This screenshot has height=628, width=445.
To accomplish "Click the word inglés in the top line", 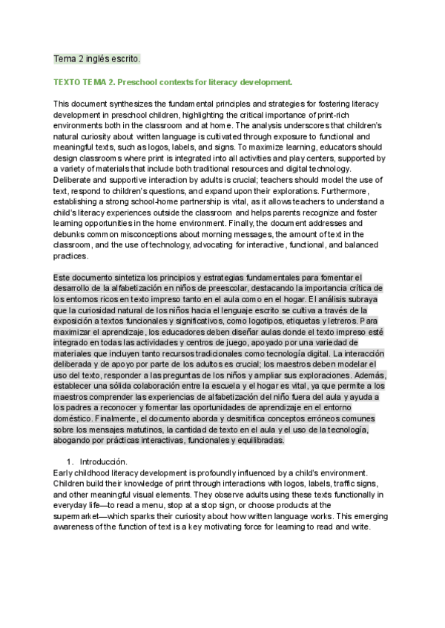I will (96, 58).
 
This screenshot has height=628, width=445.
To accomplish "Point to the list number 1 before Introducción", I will (70, 461).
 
